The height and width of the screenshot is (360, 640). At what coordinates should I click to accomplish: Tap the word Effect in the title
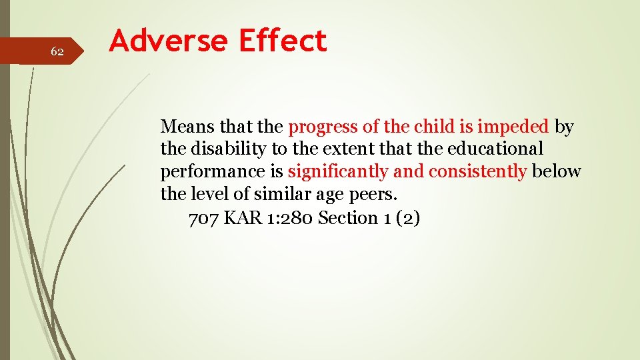[x=283, y=41]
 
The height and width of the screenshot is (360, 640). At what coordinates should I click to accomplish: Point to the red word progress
[x=323, y=126]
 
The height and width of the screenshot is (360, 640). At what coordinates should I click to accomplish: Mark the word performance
[x=213, y=172]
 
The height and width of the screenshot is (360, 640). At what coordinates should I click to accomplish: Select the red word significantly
[x=338, y=172]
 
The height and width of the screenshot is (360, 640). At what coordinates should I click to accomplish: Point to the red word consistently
[x=477, y=172]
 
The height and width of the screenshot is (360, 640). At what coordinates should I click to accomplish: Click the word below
[x=557, y=171]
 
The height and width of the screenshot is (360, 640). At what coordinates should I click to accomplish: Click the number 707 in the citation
[x=204, y=218]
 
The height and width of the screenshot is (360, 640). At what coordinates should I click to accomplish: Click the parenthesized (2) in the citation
[x=407, y=218]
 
